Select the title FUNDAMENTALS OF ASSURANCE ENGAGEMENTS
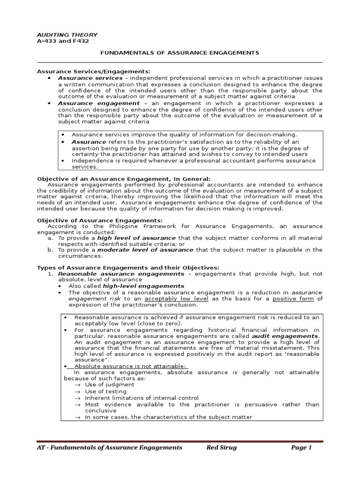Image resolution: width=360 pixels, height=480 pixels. [180, 52]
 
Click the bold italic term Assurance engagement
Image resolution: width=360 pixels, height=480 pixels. [98, 103]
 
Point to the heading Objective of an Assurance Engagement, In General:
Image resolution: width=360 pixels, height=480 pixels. [124, 178]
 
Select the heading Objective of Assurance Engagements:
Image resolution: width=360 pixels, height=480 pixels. [99, 220]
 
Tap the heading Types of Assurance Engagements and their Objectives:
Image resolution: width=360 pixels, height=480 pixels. [128, 267]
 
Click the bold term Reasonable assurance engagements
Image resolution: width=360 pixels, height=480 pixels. [121, 273]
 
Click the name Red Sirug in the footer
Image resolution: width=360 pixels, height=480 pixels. [222, 448]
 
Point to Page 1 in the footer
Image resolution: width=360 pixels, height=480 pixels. [301, 448]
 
